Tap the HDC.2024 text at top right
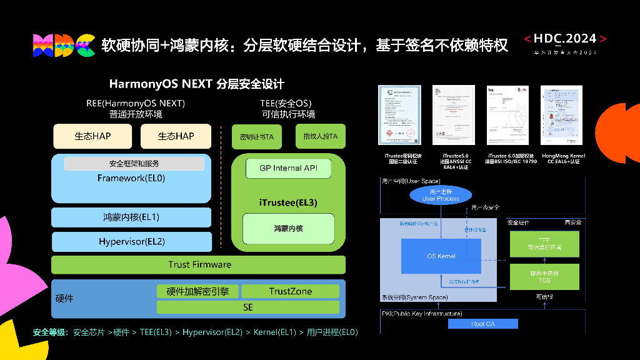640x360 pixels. (x=565, y=39)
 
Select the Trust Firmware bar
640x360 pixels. (x=198, y=264)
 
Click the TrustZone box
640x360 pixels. (x=290, y=291)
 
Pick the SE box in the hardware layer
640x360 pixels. (x=247, y=307)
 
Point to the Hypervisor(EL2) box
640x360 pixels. (x=131, y=241)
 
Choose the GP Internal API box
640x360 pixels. (x=288, y=168)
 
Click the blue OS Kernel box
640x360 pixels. (x=441, y=256)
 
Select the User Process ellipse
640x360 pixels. (x=440, y=195)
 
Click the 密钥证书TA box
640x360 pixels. (x=256, y=136)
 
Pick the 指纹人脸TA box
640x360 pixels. (x=320, y=136)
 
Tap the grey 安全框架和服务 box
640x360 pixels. (x=134, y=164)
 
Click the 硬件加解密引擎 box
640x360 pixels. (x=197, y=291)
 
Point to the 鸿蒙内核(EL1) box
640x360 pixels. (x=131, y=217)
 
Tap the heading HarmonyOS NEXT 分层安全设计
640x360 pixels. (x=196, y=84)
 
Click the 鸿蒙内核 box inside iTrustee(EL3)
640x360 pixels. (x=288, y=229)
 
